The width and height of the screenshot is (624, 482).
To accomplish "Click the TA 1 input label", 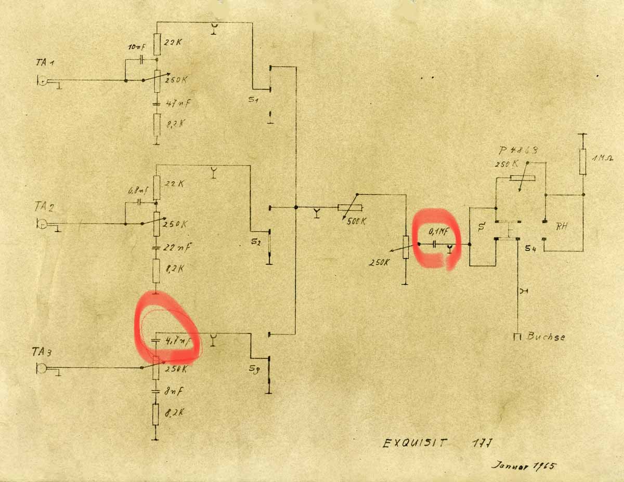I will (46, 62).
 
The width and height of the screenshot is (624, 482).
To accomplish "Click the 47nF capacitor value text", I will (177, 104).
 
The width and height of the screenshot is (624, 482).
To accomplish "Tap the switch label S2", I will (255, 241).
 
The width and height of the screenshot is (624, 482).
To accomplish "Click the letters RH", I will (562, 226).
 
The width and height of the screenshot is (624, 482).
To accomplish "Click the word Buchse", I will (545, 336).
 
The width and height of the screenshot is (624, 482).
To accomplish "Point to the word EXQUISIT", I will (414, 443).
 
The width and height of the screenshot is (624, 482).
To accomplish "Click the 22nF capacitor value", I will (177, 247).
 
